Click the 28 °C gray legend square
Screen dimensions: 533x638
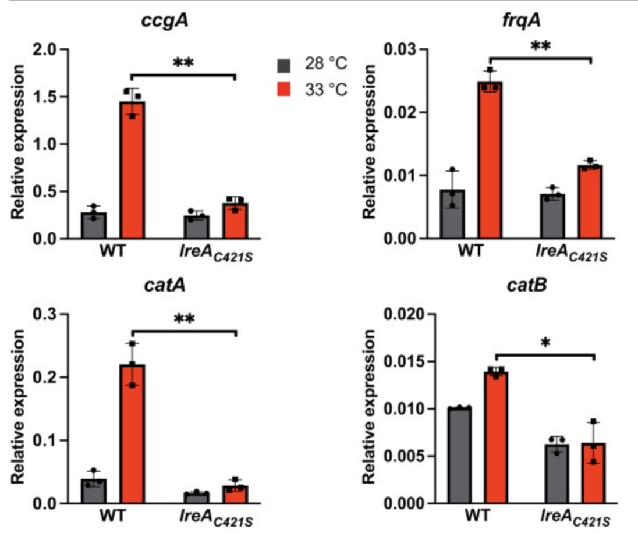pos(283,64)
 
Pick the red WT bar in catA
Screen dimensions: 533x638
pos(133,433)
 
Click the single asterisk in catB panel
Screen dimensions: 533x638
pos(545,343)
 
